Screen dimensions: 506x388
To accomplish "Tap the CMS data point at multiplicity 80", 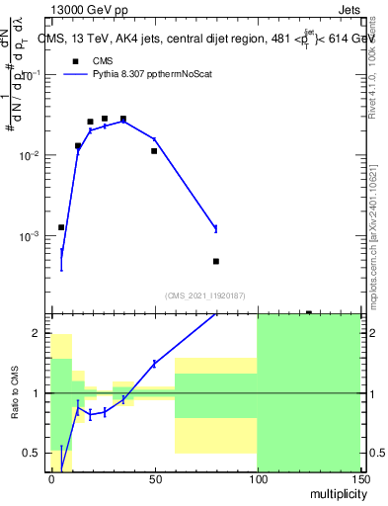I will click(x=216, y=262).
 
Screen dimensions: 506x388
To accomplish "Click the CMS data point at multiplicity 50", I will click(x=154, y=151).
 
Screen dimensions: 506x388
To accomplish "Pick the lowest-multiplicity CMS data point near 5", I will click(x=61, y=227).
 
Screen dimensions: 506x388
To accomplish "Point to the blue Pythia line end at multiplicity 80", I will click(x=216, y=228).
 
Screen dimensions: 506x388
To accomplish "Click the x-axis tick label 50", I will click(x=154, y=479).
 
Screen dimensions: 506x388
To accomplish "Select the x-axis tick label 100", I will click(x=257, y=479).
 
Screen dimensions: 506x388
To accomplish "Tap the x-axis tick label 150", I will click(x=359, y=479).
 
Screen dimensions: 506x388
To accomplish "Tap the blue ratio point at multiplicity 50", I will click(x=154, y=364).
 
